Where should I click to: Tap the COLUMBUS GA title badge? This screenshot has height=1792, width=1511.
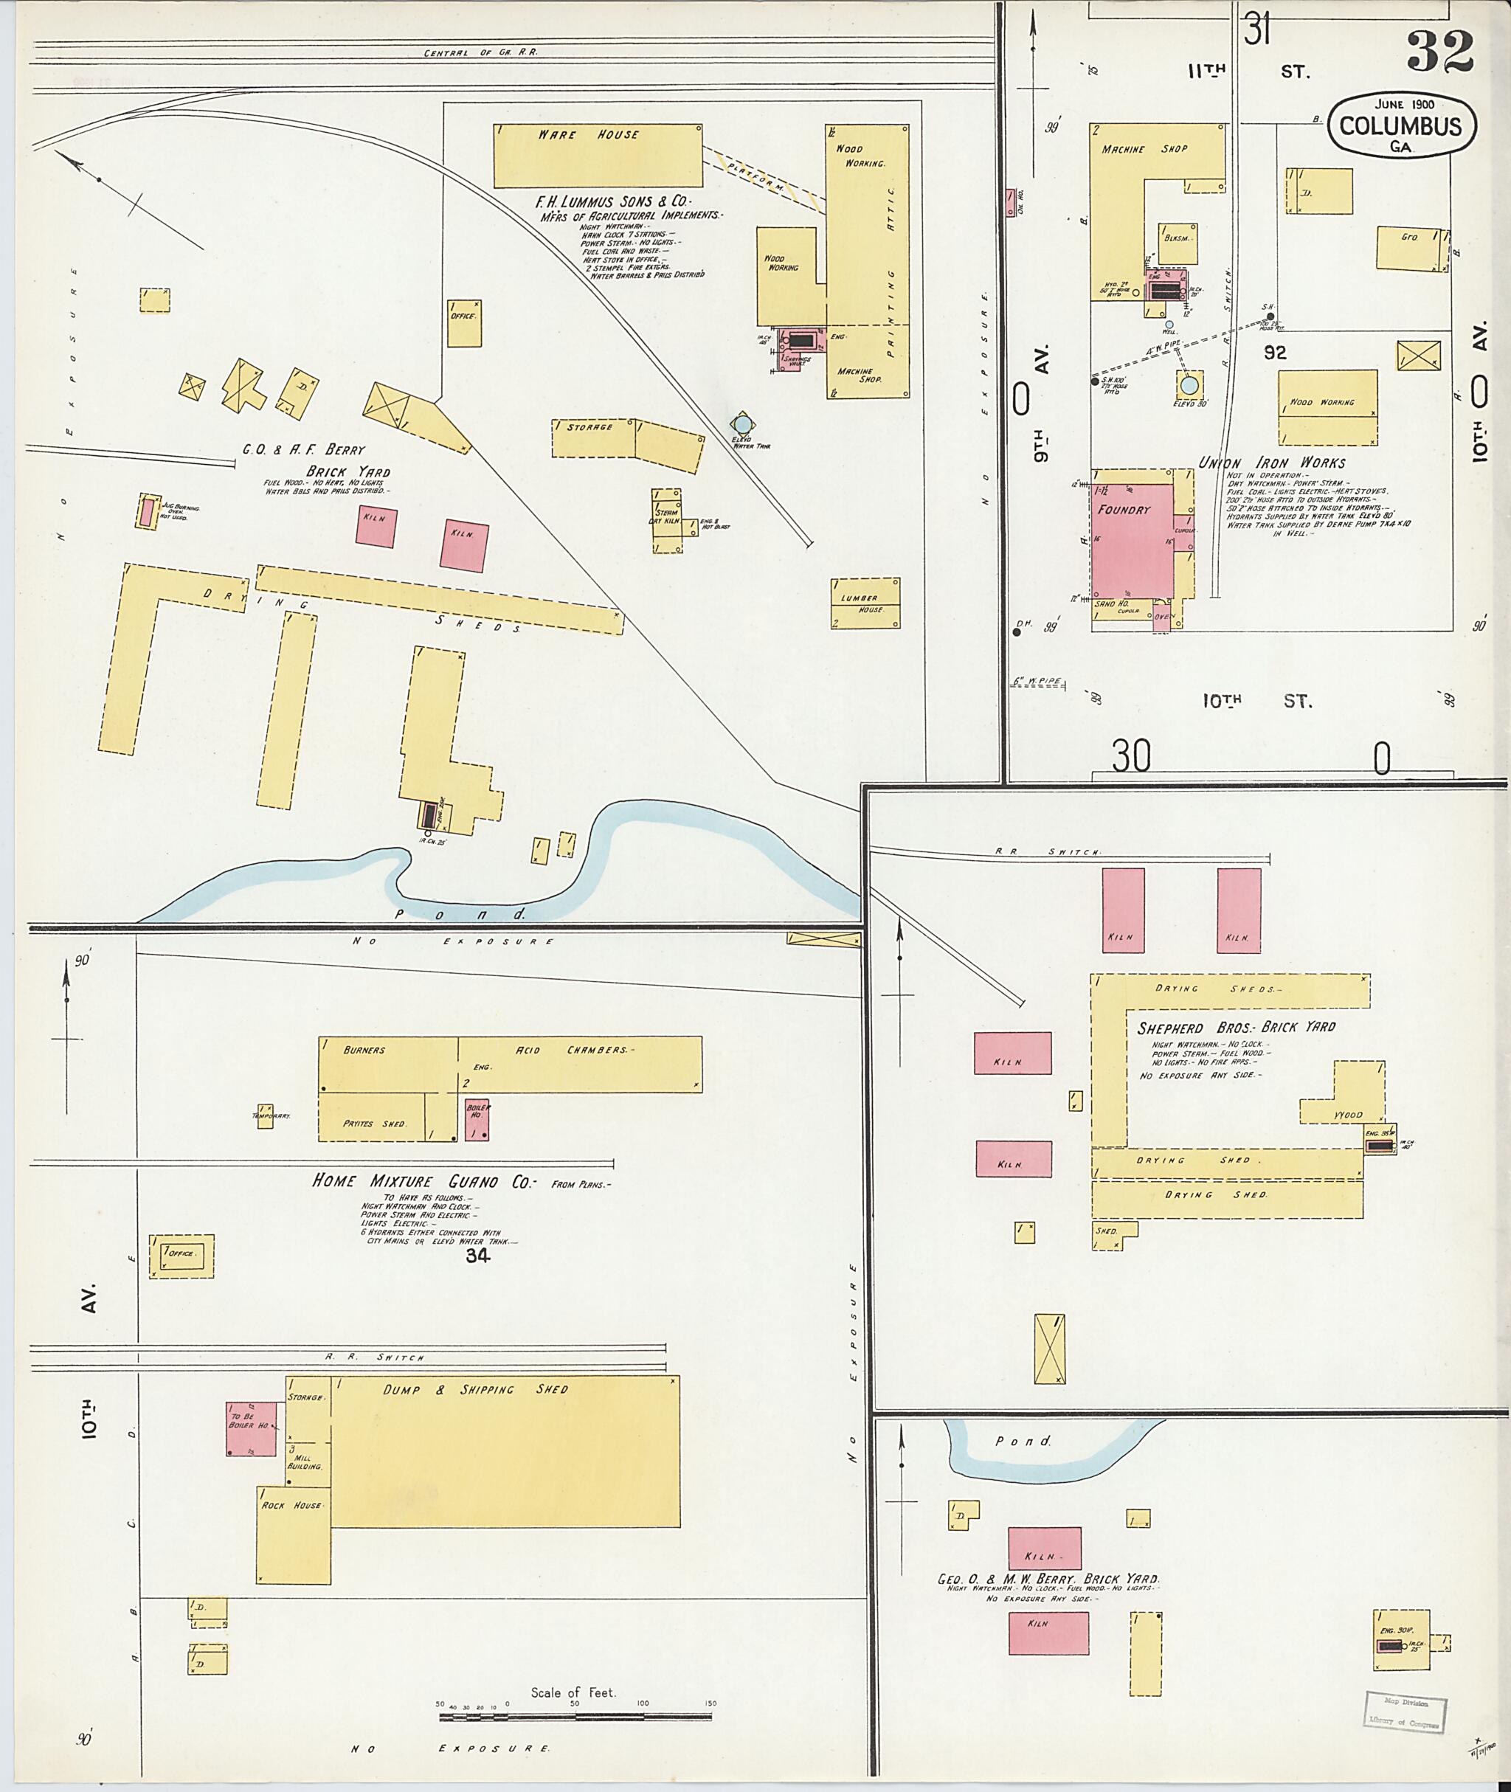point(1400,127)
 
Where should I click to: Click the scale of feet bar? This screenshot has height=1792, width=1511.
point(574,1717)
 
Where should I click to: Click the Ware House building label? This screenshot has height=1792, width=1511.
point(587,134)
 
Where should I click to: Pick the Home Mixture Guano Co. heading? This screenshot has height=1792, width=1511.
point(422,1181)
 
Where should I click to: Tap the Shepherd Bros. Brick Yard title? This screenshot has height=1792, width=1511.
point(1235,1027)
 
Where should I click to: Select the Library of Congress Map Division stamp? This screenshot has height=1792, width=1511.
point(1404,1714)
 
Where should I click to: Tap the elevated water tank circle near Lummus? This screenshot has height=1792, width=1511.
point(741,424)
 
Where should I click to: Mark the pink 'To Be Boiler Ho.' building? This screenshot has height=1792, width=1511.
point(251,1428)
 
